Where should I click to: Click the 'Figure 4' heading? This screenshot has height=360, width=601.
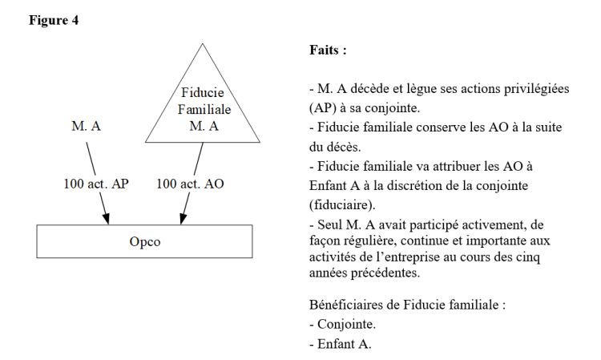pyautogui.click(x=54, y=20)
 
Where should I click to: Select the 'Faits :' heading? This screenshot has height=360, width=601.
pyautogui.click(x=328, y=50)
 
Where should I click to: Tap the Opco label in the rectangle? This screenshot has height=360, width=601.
pyautogui.click(x=144, y=242)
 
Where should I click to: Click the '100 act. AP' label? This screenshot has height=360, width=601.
pyautogui.click(x=96, y=184)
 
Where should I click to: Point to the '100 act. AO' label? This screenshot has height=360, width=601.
pyautogui.click(x=190, y=184)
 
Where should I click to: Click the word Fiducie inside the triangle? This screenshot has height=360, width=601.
pyautogui.click(x=203, y=92)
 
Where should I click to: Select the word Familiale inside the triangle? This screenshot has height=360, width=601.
pyautogui.click(x=204, y=109)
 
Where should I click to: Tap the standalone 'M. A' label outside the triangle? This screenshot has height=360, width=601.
pyautogui.click(x=86, y=126)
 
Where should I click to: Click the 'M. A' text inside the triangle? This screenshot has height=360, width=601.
pyautogui.click(x=204, y=126)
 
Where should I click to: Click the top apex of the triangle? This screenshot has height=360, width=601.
pyautogui.click(x=203, y=44)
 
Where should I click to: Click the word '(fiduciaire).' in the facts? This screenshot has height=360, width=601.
pyautogui.click(x=342, y=205)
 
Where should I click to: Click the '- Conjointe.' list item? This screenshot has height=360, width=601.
pyautogui.click(x=343, y=325)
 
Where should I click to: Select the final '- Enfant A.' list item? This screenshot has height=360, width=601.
pyautogui.click(x=341, y=344)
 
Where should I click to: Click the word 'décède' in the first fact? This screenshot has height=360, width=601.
pyautogui.click(x=368, y=89)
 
